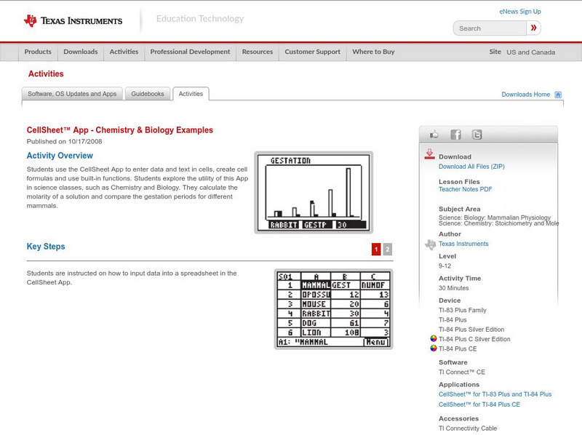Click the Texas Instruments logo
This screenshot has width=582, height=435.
[73, 20]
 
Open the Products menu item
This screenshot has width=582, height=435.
[38, 52]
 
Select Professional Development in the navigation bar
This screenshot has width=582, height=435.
[190, 52]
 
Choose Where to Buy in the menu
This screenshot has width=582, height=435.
[373, 52]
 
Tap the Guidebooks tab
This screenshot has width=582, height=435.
[148, 94]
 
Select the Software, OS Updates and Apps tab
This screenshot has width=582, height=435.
[72, 94]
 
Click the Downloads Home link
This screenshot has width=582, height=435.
[526, 95]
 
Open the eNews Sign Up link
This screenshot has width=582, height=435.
[520, 12]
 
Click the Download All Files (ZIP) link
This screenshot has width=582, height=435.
[471, 167]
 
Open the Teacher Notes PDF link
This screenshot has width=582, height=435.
[466, 189]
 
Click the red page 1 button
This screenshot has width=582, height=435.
[376, 250]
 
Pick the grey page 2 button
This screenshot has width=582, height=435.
[388, 250]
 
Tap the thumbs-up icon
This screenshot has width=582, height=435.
[434, 135]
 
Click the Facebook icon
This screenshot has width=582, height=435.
[455, 135]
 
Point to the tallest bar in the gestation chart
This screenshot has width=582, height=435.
[348, 193]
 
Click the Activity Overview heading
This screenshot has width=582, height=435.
[60, 156]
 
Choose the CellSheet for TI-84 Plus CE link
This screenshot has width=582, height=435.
[479, 404]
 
